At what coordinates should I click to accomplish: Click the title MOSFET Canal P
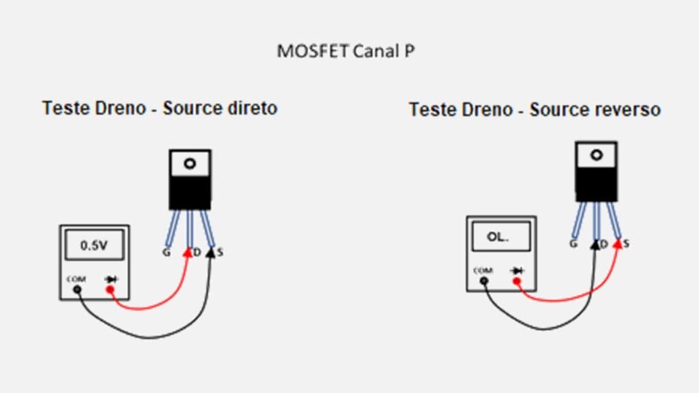(345, 51)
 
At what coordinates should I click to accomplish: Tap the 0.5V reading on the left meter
(94, 246)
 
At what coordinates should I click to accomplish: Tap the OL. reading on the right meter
(498, 237)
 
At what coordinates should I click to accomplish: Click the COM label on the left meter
(76, 278)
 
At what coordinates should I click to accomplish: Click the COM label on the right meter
(483, 270)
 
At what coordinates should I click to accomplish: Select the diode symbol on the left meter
(111, 279)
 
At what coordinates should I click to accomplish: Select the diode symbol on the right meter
(517, 271)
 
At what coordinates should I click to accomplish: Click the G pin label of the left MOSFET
(166, 252)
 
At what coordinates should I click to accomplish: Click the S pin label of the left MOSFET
(220, 252)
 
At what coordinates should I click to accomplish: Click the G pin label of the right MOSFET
(574, 244)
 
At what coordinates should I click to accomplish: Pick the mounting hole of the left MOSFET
(190, 164)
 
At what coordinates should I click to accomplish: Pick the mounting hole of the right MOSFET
(597, 155)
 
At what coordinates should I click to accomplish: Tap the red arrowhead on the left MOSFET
(188, 252)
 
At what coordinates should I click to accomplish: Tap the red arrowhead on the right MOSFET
(617, 242)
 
